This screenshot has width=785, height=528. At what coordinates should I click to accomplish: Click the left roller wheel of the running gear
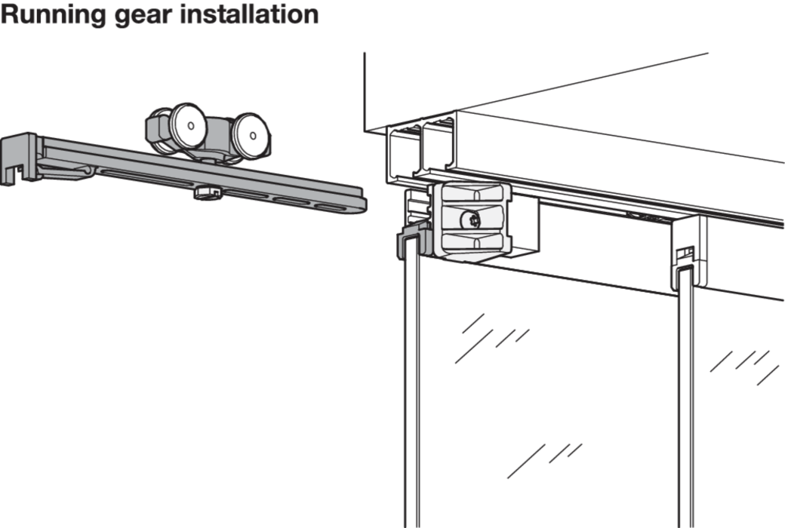[186, 126]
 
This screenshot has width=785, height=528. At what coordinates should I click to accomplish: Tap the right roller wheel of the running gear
[250, 135]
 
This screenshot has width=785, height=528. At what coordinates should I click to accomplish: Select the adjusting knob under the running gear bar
[206, 193]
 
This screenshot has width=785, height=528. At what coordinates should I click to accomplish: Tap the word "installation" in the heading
[249, 15]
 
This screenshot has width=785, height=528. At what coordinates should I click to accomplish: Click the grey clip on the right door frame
[683, 260]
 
